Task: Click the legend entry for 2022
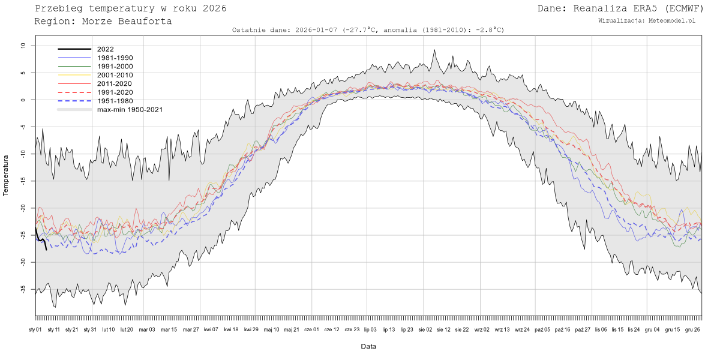105,49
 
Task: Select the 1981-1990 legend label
115,58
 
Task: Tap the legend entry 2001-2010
115,75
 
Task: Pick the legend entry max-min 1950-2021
130,110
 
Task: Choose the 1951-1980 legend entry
115,101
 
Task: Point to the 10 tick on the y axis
23,46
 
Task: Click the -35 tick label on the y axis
22,289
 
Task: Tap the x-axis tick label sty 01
35,329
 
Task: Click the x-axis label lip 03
370,329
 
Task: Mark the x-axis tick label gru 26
693,329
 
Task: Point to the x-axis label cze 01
311,329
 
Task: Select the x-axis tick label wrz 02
482,329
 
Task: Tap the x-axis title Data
368,347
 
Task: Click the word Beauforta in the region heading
143,21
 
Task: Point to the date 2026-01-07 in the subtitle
317,29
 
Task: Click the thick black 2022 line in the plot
40,240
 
